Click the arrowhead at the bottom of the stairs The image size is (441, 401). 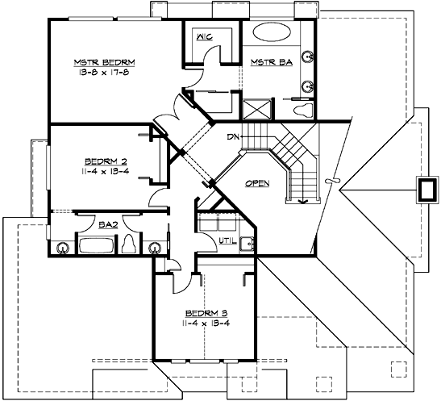[x=304, y=200]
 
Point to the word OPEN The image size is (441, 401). [x=256, y=183]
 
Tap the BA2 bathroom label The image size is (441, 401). [x=108, y=226]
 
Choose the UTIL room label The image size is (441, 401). [x=227, y=241]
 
